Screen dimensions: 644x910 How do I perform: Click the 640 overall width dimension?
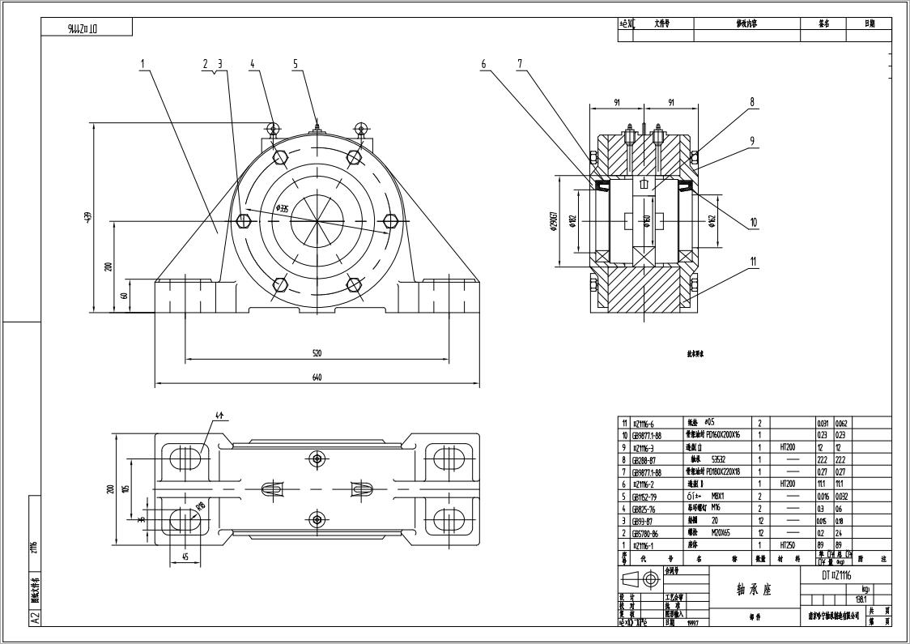(x=317, y=377)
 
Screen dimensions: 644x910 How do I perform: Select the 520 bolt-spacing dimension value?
(x=317, y=352)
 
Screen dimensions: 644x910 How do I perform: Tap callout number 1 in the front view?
(x=142, y=63)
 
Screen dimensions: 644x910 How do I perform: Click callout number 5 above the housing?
(x=296, y=63)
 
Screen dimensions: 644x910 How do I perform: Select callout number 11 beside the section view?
(x=753, y=261)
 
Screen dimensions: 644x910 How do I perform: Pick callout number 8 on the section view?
(x=751, y=102)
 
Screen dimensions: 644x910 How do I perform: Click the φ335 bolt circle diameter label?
(x=283, y=208)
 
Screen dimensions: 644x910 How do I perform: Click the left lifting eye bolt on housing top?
(x=273, y=127)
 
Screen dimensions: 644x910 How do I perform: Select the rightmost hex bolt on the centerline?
(x=390, y=221)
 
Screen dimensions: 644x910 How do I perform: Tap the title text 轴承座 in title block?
(x=754, y=590)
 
